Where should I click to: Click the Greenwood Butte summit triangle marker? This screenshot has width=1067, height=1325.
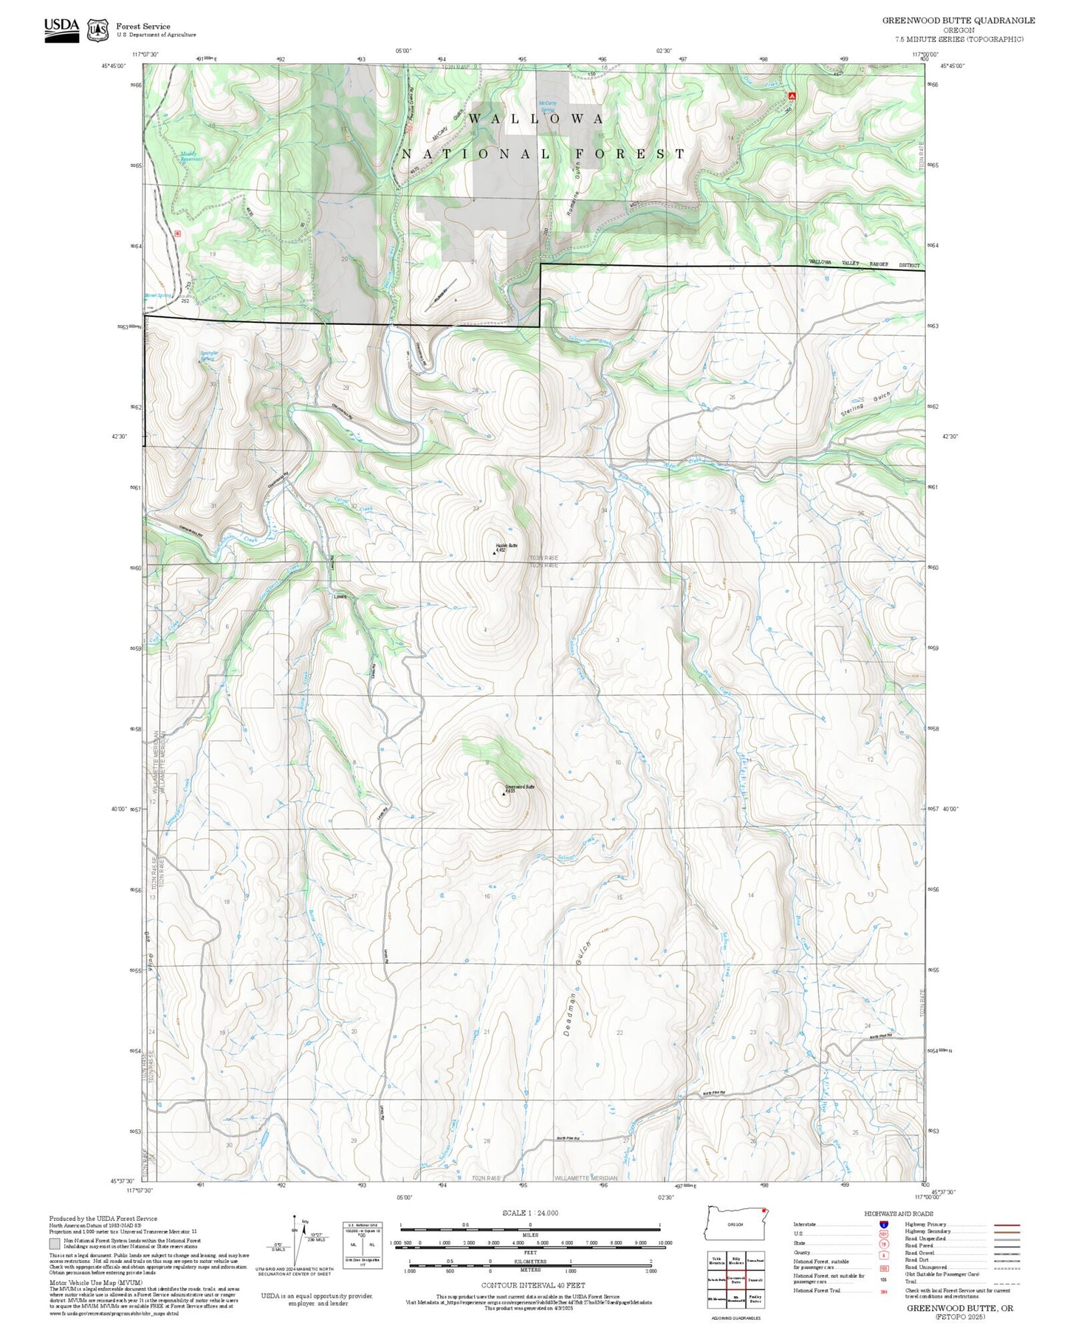504,793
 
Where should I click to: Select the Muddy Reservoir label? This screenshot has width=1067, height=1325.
191,157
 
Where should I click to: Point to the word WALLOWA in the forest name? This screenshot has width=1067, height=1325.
536,118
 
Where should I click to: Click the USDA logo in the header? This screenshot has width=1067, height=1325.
61,29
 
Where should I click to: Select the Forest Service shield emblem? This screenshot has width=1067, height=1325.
97,30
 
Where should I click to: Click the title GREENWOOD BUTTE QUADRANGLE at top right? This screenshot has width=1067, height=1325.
958,21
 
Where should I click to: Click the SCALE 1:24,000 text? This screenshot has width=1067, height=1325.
530,1213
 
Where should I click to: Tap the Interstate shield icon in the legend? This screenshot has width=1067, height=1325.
884,1225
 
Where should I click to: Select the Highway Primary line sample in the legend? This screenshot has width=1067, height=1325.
1007,1225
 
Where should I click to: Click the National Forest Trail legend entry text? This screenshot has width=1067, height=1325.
817,1290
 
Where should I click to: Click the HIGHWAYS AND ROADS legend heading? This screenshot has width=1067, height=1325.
899,1213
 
